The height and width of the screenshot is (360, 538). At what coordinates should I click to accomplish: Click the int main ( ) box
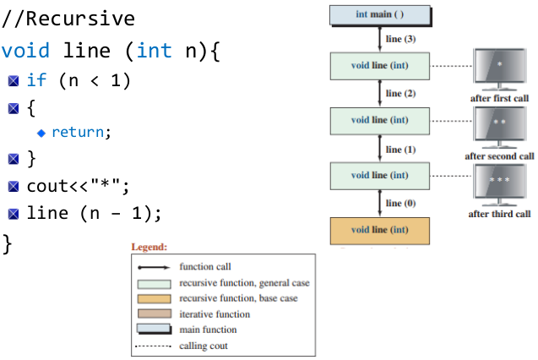click(x=379, y=14)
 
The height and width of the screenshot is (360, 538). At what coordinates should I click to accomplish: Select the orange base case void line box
click(x=379, y=230)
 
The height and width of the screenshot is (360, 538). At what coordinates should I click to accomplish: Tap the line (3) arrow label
click(x=399, y=39)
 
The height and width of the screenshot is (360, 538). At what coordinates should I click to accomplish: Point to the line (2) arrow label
click(x=399, y=93)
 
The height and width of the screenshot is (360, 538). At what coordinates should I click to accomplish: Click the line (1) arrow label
click(x=399, y=149)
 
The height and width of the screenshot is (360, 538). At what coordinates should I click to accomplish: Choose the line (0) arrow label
click(x=399, y=203)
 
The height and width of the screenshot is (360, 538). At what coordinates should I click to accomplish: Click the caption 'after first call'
click(x=500, y=98)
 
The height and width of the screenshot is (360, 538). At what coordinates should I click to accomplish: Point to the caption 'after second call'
click(x=500, y=155)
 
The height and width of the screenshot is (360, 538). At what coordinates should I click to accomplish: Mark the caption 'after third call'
click(x=500, y=214)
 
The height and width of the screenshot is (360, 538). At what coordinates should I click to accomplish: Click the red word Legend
click(x=149, y=247)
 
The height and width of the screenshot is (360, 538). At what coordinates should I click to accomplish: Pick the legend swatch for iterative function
click(x=154, y=314)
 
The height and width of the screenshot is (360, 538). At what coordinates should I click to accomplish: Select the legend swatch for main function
click(x=154, y=330)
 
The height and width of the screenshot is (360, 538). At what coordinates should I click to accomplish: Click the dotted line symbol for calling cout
click(x=154, y=346)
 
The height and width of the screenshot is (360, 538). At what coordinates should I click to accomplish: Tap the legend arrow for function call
click(x=154, y=267)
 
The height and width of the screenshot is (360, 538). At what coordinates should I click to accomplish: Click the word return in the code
click(x=81, y=132)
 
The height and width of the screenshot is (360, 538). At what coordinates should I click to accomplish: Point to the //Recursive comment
click(x=68, y=19)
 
